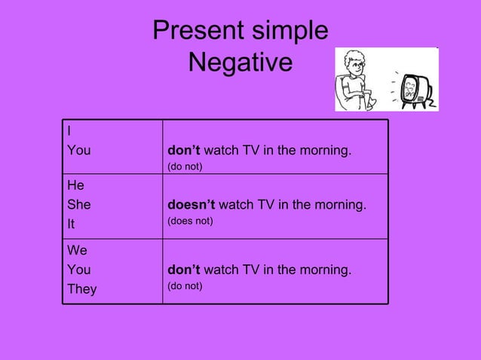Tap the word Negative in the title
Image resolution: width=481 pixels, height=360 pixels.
tap(240, 63)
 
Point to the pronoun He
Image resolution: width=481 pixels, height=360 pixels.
tap(75, 185)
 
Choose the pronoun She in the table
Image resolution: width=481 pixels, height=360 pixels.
tap(78, 203)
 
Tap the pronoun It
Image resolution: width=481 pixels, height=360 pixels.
tap(71, 223)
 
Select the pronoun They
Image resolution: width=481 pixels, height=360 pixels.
tap(82, 289)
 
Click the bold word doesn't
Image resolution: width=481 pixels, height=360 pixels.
tap(191, 204)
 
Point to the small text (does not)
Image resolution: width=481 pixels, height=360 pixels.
tap(190, 221)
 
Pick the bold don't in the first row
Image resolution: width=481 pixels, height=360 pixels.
tap(184, 150)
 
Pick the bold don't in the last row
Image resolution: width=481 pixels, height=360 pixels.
tap(184, 270)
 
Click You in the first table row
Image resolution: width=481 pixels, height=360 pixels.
tap(78, 151)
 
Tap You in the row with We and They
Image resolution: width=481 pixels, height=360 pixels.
tap(78, 270)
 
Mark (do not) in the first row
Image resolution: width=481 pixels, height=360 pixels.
tap(185, 166)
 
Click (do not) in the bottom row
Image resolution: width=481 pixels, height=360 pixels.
tap(185, 286)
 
